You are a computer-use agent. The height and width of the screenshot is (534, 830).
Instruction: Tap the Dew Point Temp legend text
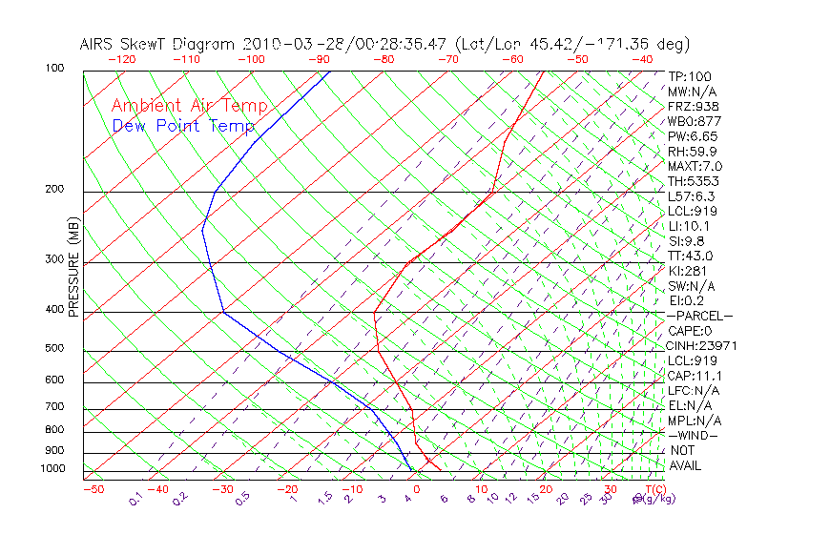click(183, 126)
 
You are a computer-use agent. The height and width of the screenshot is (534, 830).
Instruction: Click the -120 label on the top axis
click(121, 59)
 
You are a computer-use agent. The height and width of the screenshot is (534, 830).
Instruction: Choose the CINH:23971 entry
click(702, 345)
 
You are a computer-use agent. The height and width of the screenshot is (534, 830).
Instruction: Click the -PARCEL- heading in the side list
click(700, 316)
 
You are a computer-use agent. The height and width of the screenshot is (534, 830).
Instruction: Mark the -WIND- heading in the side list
click(695, 435)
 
